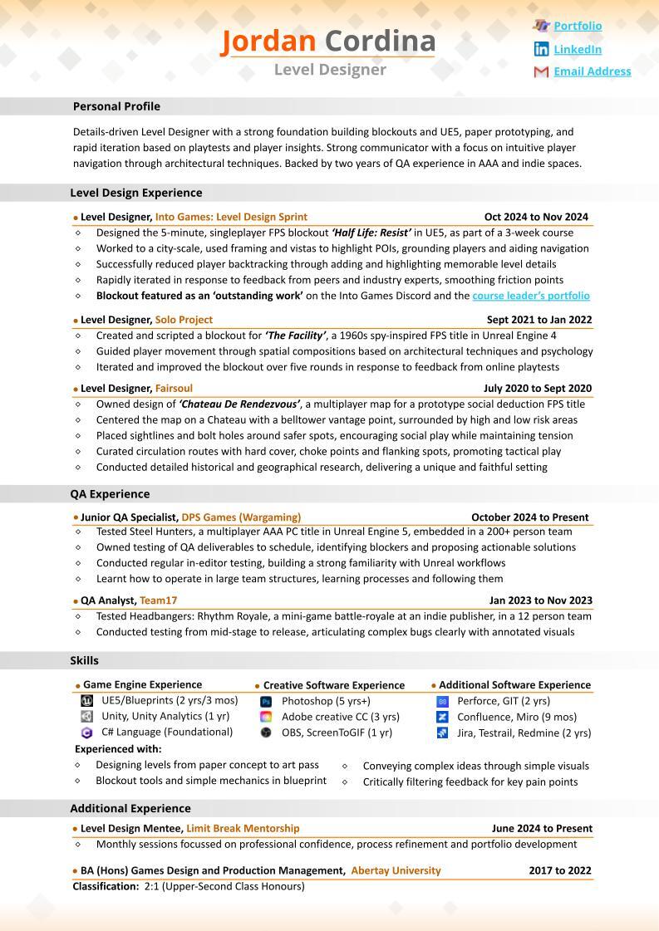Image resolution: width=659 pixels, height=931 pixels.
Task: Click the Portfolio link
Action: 578,26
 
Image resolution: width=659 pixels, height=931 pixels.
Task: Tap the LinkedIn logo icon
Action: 541,49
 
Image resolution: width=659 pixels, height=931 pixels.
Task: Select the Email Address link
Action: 592,71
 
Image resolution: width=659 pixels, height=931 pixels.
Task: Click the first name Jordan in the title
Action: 268,41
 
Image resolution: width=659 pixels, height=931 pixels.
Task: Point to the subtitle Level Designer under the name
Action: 330,70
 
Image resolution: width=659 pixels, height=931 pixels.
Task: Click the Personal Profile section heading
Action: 116,106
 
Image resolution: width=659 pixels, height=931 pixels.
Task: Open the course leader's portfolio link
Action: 531,296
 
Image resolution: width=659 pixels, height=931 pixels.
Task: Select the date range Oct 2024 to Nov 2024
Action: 536,217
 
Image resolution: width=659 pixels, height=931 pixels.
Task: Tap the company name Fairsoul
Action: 174,388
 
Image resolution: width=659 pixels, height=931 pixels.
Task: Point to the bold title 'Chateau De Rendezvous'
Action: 239,404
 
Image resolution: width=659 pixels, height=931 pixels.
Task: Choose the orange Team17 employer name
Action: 158,600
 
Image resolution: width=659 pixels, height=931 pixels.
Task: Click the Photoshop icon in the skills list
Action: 266,702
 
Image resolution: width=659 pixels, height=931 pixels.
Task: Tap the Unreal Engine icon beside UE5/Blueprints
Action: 86,700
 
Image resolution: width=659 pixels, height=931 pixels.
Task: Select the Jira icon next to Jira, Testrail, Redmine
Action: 442,733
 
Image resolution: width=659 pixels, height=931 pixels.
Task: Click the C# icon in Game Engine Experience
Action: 86,733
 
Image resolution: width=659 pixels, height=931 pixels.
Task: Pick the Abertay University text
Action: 396,871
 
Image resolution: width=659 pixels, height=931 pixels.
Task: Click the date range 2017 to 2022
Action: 560,871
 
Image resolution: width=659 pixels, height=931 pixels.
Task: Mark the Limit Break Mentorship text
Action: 243,829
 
